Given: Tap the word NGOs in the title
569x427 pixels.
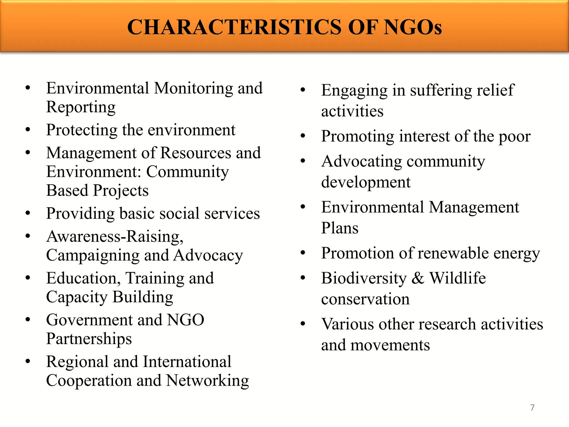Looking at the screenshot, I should click(x=413, y=27).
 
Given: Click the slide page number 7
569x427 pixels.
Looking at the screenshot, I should click(x=532, y=408).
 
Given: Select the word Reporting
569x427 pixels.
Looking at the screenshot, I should click(x=81, y=108).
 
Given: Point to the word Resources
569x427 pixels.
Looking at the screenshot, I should click(x=196, y=153).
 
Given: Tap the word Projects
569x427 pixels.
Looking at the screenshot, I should click(x=121, y=191).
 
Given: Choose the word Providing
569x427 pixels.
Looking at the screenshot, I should click(x=80, y=214).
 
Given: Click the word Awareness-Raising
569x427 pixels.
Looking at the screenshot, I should click(x=115, y=237).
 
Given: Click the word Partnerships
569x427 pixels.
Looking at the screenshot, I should click(x=89, y=339).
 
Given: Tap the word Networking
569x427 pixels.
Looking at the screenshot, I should click(x=207, y=381).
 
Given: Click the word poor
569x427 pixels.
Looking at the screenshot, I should click(x=515, y=136).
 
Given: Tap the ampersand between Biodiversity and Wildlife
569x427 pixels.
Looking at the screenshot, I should click(x=418, y=278).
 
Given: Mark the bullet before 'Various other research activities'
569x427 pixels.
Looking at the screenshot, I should click(x=303, y=324).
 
